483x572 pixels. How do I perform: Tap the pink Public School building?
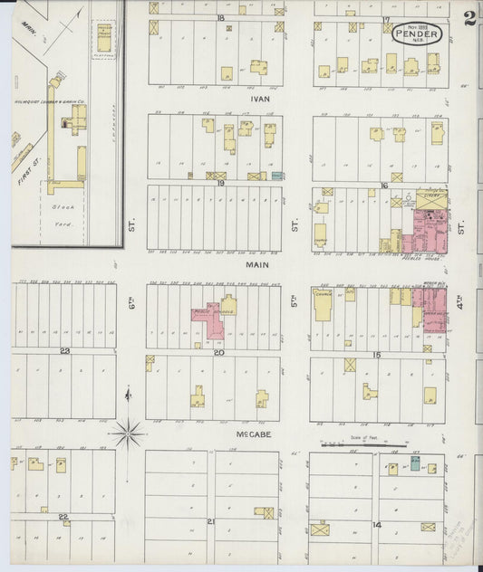coord(213,321)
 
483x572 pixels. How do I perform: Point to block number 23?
coord(64,350)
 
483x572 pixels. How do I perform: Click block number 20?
coord(218,352)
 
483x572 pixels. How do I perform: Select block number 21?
coord(211,522)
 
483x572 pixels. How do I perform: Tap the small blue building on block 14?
coord(414,464)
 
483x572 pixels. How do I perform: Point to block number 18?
coord(219,18)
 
